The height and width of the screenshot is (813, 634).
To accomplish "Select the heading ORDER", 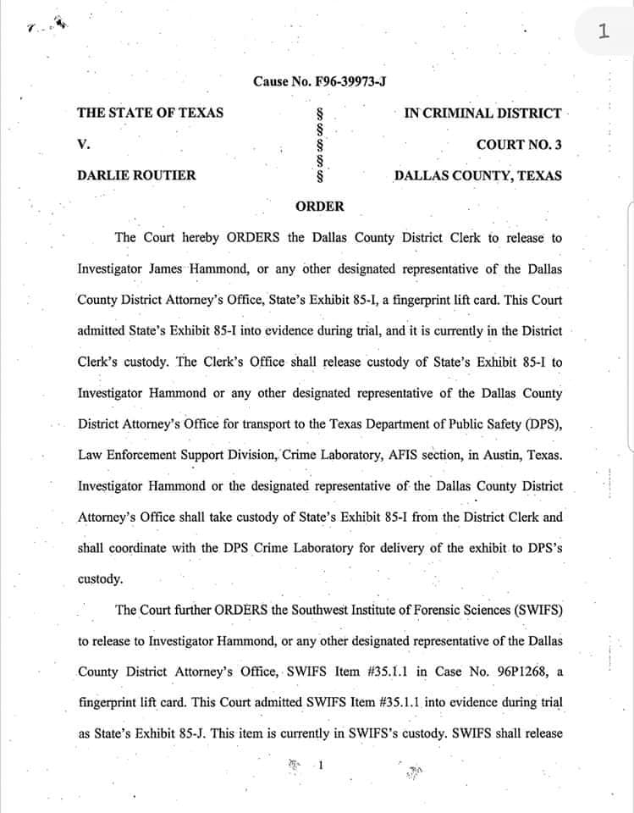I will pyautogui.click(x=320, y=206).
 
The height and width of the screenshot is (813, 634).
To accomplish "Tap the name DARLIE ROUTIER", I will pyautogui.click(x=136, y=176).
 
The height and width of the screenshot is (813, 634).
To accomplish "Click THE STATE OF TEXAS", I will pyautogui.click(x=151, y=113).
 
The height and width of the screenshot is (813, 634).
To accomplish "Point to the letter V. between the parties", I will pyautogui.click(x=83, y=145).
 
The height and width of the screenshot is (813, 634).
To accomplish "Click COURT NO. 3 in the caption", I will pyautogui.click(x=518, y=145).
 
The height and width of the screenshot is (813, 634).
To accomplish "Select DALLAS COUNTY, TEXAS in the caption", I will pyautogui.click(x=477, y=176).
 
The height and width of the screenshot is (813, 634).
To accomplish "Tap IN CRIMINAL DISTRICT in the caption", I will pyautogui.click(x=482, y=113).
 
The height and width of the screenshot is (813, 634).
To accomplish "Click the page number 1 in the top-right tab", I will pyautogui.click(x=603, y=32).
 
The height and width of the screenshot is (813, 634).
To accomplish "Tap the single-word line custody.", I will pyautogui.click(x=101, y=579).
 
